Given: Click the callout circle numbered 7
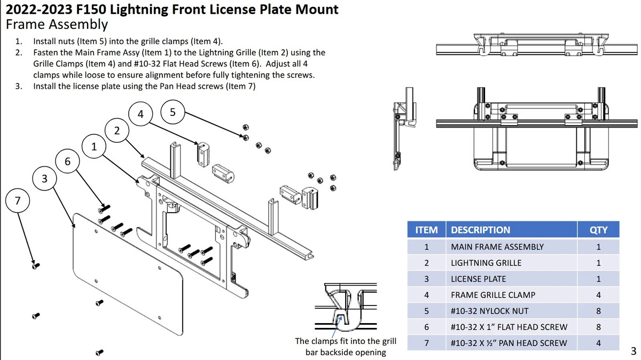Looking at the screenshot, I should [18, 201].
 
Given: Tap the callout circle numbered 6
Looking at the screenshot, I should [67, 161].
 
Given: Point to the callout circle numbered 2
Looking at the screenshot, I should [117, 130].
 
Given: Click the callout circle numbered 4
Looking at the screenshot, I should [140, 114].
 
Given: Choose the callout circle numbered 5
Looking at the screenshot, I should [172, 112].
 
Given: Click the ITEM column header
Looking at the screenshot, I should [426, 230].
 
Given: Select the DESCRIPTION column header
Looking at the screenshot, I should [480, 230].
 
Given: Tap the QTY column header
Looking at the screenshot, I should [598, 230].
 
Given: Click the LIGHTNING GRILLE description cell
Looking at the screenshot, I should [486, 263].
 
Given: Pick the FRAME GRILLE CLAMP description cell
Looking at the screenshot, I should [493, 295].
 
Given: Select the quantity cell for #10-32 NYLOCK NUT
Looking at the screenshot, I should [598, 311].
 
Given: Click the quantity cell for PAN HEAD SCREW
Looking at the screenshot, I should [598, 343].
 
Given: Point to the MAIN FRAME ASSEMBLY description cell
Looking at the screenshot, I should [497, 247].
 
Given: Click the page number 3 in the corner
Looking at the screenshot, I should [634, 351].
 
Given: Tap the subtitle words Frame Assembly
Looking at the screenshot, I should [57, 25].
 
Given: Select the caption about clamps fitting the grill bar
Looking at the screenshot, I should [346, 347].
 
